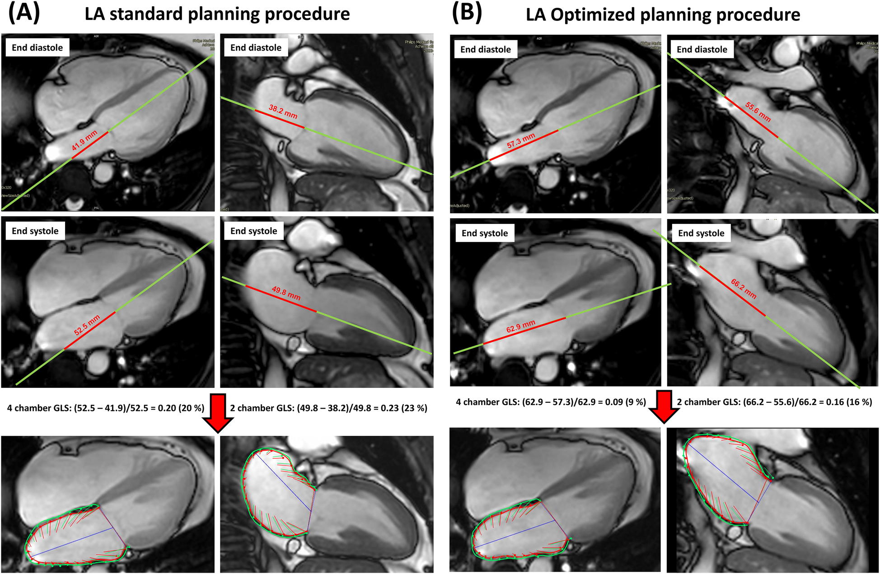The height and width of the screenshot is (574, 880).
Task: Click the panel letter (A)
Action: [x=24, y=13]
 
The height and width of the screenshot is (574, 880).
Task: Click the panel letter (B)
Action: [x=467, y=13]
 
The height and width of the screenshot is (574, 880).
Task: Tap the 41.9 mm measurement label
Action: [x=84, y=140]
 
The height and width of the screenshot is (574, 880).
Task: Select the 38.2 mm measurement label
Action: [x=283, y=112]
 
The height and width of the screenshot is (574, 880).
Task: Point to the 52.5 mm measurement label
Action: [x=87, y=325]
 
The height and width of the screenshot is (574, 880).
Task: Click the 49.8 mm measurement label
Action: [x=286, y=293]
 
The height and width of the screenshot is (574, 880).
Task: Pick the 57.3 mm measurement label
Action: [x=521, y=140]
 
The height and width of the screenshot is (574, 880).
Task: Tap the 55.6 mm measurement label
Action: [x=758, y=112]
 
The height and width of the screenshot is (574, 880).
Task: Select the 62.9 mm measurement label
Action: [x=520, y=326]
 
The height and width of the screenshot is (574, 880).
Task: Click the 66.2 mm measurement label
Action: [x=744, y=289]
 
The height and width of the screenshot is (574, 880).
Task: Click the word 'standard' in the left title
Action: [x=145, y=14]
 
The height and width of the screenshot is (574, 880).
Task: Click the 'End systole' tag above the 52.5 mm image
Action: [x=35, y=231]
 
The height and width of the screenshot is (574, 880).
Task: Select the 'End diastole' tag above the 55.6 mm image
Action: [x=702, y=49]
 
